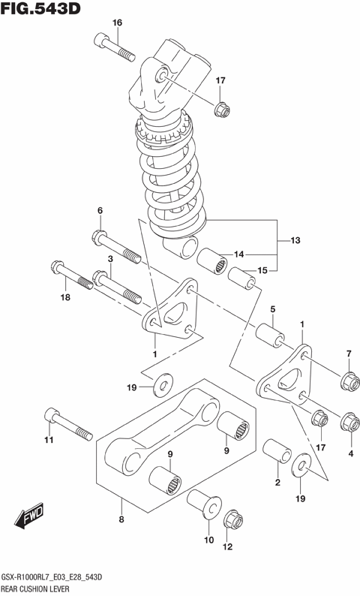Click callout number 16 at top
point(117,23)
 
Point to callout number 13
point(295,240)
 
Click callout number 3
point(110,259)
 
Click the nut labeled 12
point(229,519)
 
